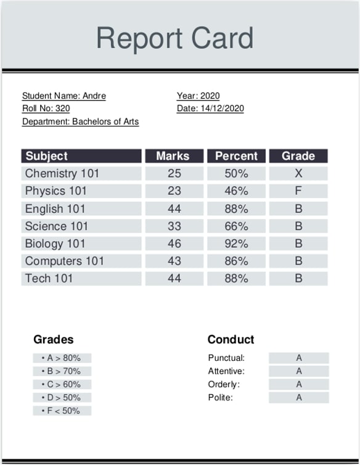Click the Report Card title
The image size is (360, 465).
pyautogui.click(x=174, y=38)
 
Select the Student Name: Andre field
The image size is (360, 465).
pyautogui.click(x=64, y=96)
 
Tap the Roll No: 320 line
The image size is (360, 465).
pyautogui.click(x=46, y=109)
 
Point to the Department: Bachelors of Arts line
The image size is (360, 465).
pyautogui.click(x=81, y=121)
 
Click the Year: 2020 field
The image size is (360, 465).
pyautogui.click(x=198, y=96)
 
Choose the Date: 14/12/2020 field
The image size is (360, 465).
pyautogui.click(x=210, y=109)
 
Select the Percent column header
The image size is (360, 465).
pyautogui.click(x=236, y=156)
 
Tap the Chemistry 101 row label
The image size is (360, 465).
pyautogui.click(x=62, y=173)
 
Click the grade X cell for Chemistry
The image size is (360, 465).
pyautogui.click(x=298, y=173)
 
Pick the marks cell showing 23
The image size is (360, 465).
pyautogui.click(x=174, y=191)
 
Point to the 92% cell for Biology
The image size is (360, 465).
pyautogui.click(x=236, y=244)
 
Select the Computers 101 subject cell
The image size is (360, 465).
pyautogui.click(x=65, y=261)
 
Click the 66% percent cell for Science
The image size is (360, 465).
pyautogui.click(x=236, y=226)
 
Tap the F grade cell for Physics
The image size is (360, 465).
pyautogui.click(x=298, y=191)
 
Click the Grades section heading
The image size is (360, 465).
pyautogui.click(x=53, y=339)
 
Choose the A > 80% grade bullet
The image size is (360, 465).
pyautogui.click(x=62, y=358)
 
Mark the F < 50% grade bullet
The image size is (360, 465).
pyautogui.click(x=62, y=411)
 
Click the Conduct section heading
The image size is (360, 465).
pyautogui.click(x=231, y=339)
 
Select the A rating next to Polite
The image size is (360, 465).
pyautogui.click(x=299, y=398)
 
